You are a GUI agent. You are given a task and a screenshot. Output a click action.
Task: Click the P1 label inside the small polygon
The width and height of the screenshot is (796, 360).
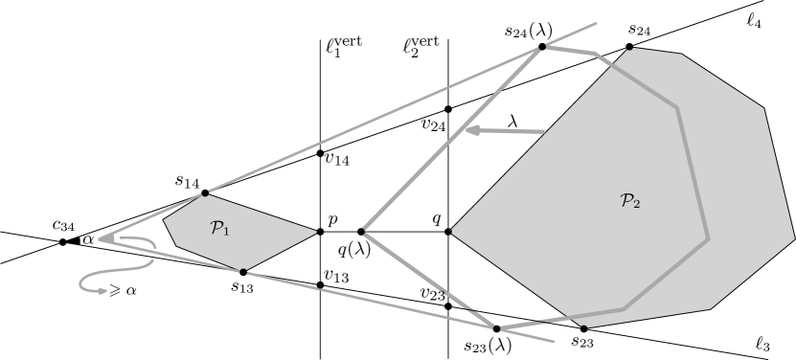(219, 228)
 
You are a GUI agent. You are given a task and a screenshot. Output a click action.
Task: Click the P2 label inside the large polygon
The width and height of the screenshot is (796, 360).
(629, 201)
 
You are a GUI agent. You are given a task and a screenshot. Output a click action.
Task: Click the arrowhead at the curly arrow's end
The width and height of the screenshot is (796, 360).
(101, 291)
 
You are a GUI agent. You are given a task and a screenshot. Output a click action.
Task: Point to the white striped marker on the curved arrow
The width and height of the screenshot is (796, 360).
(153, 254)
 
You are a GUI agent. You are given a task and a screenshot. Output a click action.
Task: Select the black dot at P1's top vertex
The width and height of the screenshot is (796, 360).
(204, 194)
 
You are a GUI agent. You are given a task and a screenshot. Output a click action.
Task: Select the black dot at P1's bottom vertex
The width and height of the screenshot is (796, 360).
(242, 272)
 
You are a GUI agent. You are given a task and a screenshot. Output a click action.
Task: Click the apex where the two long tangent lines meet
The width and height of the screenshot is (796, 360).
(101, 238)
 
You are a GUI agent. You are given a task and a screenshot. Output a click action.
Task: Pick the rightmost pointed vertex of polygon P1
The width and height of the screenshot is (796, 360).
(316, 231)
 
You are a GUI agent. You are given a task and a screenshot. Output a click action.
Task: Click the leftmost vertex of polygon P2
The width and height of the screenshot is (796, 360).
(451, 231)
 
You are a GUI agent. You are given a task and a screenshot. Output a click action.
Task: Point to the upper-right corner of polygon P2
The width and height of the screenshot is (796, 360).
(763, 108)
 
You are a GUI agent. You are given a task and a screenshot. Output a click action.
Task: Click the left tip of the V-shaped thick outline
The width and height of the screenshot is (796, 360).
(363, 230)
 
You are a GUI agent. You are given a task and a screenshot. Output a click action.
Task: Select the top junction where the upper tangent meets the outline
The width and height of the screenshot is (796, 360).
(543, 46)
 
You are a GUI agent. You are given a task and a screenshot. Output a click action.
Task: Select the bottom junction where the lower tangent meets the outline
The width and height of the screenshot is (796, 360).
(495, 328)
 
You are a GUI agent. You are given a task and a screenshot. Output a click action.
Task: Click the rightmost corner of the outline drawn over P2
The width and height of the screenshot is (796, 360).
(708, 238)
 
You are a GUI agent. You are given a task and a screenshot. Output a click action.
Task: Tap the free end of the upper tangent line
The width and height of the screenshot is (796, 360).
(597, 23)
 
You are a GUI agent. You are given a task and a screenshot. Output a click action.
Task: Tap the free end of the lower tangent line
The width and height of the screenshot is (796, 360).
(555, 341)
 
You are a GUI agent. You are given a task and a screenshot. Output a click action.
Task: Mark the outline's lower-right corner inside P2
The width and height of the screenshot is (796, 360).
(625, 309)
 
